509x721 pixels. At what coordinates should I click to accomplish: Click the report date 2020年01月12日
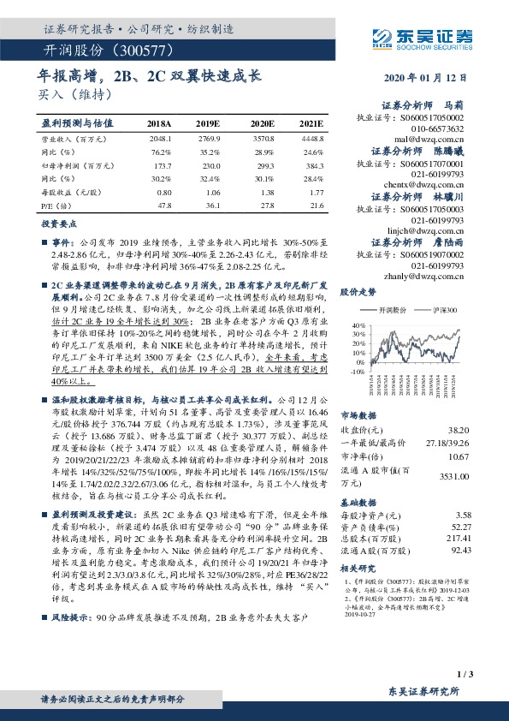432,79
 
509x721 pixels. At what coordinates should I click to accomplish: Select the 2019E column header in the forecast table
208,124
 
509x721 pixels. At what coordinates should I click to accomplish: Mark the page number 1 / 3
463,676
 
